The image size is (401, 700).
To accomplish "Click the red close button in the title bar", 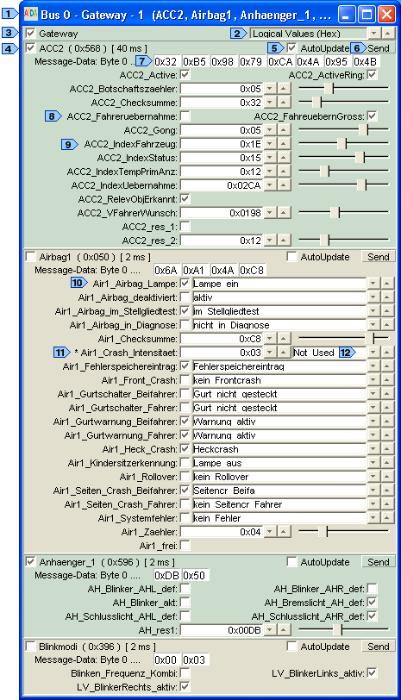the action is pyautogui.click(x=386, y=16).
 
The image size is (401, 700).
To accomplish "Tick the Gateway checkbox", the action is pyautogui.click(x=31, y=34).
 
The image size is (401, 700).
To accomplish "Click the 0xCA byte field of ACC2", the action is pyautogui.click(x=280, y=61).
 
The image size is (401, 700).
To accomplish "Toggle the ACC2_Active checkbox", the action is pyautogui.click(x=185, y=75).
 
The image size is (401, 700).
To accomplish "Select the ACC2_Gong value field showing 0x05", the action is pyautogui.click(x=222, y=130).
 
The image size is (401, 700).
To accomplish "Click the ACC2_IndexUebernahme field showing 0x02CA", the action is pyautogui.click(x=222, y=185).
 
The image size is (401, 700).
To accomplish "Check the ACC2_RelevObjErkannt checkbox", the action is pyautogui.click(x=185, y=198).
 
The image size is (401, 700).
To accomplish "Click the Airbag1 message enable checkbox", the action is pyautogui.click(x=31, y=257).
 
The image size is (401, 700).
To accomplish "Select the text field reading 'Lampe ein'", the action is pyautogui.click(x=279, y=284).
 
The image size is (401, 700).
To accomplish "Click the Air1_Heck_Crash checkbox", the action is pyautogui.click(x=185, y=449).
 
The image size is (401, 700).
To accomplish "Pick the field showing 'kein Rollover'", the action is pyautogui.click(x=279, y=477).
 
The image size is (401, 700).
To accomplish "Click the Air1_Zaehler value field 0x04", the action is pyautogui.click(x=222, y=532).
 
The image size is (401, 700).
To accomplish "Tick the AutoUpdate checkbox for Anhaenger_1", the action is pyautogui.click(x=291, y=562).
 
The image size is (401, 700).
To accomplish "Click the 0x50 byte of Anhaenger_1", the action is pyautogui.click(x=195, y=576).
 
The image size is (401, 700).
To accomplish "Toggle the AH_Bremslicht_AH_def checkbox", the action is pyautogui.click(x=372, y=603).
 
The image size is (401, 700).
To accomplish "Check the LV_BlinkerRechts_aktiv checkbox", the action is pyautogui.click(x=185, y=686).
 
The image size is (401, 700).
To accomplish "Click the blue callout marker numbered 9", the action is pyautogui.click(x=70, y=144).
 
